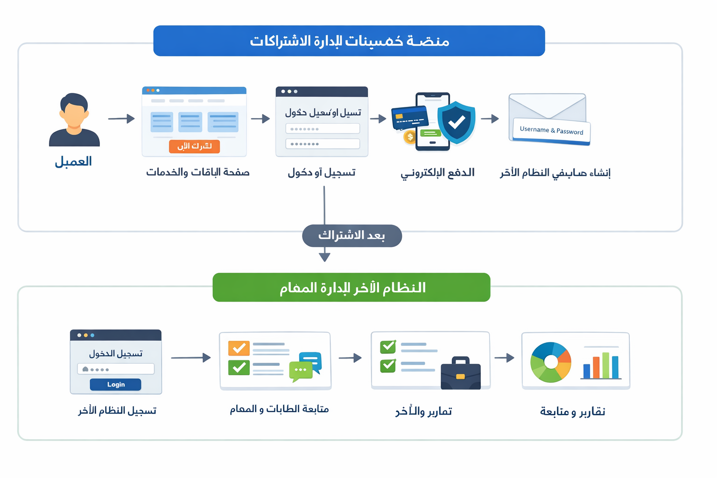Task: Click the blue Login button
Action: [115, 384]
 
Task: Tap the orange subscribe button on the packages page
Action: [194, 146]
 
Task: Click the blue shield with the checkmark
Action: [456, 122]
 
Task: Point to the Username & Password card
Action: [551, 130]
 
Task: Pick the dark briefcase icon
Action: [460, 373]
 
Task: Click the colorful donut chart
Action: [551, 362]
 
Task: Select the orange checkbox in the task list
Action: [239, 348]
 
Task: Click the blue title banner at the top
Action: [349, 41]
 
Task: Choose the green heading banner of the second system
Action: [351, 287]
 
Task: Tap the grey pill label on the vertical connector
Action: [351, 236]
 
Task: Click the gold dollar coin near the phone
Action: [410, 137]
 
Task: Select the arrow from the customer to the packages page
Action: [121, 119]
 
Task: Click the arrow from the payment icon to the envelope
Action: [490, 119]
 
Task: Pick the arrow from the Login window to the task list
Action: [190, 358]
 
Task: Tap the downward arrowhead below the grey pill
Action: [324, 257]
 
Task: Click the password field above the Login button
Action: [115, 369]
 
